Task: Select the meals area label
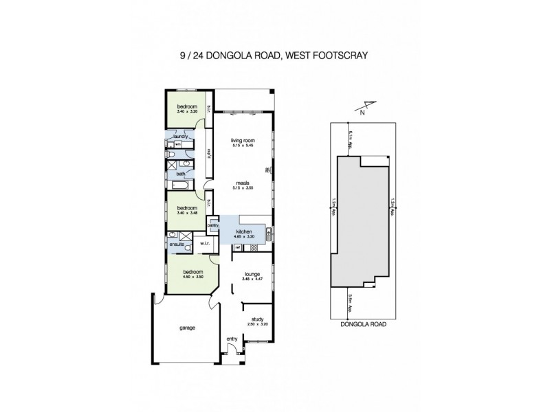tap(244, 183)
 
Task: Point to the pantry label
tap(212, 225)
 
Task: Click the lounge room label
tap(252, 274)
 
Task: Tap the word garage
tap(187, 328)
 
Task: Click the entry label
tap(232, 340)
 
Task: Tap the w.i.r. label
tap(204, 242)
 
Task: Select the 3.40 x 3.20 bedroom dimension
tap(187, 111)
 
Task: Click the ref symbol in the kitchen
tap(237, 247)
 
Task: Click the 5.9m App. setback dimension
tap(351, 301)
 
